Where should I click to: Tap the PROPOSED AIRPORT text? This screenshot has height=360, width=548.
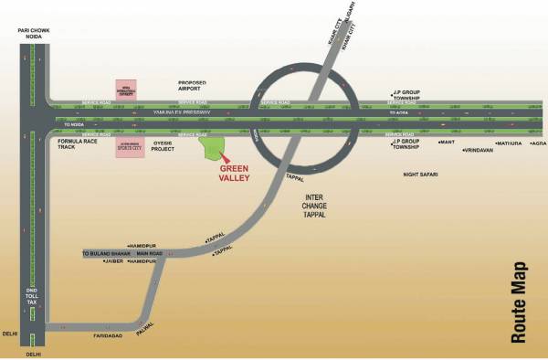coord(196,85)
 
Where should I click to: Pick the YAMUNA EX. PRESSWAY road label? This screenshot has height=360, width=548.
coord(202,111)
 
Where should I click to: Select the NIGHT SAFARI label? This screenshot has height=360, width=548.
coord(423,174)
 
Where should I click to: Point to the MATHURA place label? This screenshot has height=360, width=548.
coord(509,143)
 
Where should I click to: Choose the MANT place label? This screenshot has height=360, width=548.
coord(447,143)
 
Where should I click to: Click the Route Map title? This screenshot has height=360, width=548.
coord(519,302)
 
